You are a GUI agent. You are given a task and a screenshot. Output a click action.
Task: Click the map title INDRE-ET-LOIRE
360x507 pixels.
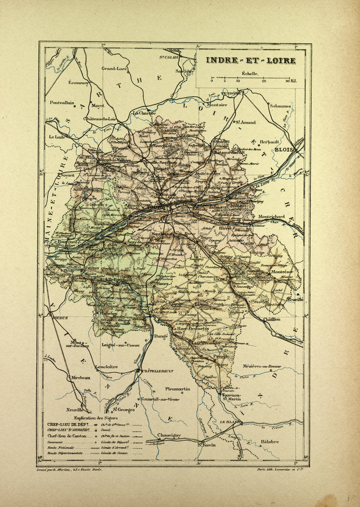[251, 61]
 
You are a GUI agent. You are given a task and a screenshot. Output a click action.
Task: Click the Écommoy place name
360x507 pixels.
[79, 83]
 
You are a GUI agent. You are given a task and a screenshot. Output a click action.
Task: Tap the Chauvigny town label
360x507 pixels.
[159, 435]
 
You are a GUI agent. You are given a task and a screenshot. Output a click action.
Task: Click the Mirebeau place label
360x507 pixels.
[80, 377]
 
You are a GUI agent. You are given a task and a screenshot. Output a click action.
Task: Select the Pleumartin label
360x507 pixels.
[177, 389]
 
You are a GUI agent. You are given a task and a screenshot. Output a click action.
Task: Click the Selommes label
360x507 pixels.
[280, 105]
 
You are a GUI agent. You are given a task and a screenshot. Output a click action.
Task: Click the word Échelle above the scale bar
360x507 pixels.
[250, 73]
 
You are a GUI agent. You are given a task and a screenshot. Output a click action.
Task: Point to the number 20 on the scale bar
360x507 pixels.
[263, 81]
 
